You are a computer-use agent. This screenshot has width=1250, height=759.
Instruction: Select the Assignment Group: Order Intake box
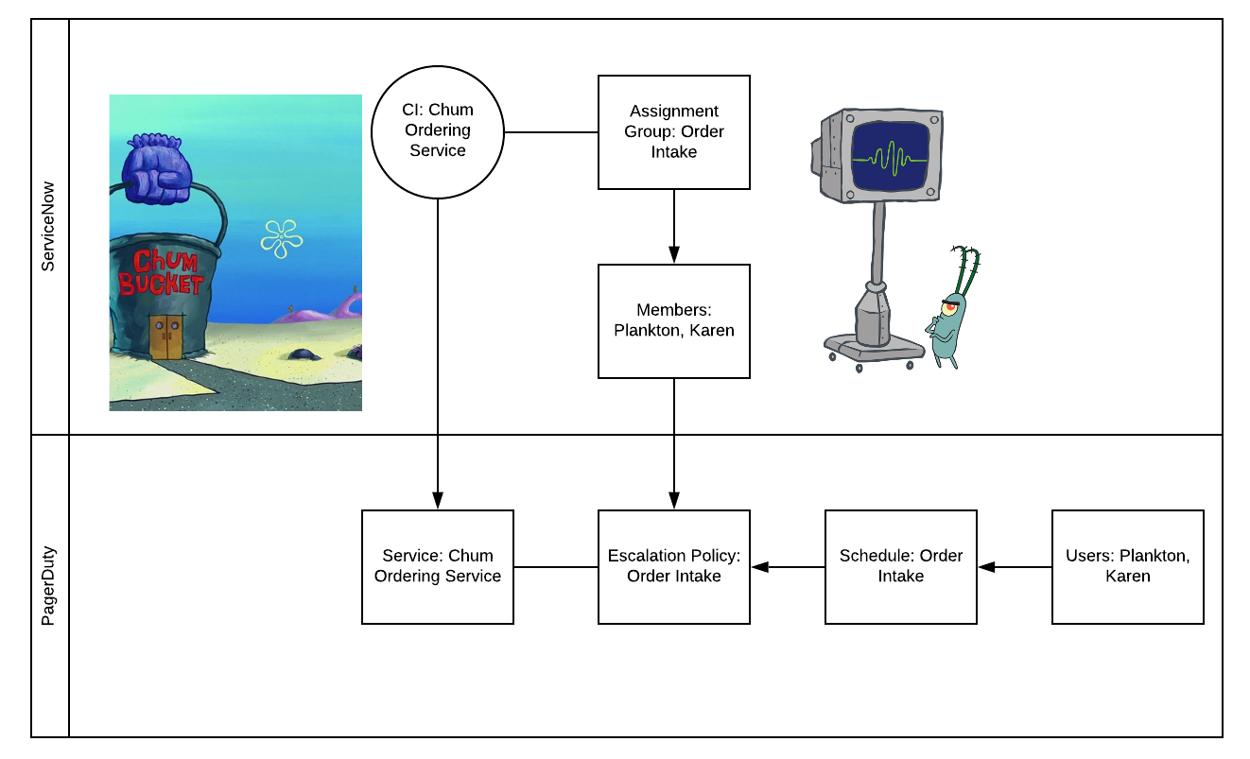tap(673, 132)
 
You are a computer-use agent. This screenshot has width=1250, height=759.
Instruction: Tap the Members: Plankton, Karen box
tap(673, 320)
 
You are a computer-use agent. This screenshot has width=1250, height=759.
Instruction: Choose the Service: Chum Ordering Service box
tap(437, 566)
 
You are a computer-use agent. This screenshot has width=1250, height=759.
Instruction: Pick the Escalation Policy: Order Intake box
tap(673, 566)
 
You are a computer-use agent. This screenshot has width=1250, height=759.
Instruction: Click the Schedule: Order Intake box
tap(900, 566)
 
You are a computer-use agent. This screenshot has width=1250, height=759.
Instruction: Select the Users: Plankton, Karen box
tap(1127, 566)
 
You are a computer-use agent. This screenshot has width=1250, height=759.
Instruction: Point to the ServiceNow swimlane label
tap(49, 227)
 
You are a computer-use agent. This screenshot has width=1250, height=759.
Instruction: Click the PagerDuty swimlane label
tap(49, 585)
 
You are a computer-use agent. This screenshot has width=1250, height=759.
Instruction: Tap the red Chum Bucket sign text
tap(162, 272)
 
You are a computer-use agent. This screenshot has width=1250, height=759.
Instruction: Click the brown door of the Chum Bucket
tap(165, 337)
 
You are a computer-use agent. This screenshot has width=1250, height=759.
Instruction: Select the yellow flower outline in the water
tap(281, 238)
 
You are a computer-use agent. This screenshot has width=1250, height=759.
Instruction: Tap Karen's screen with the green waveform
tap(889, 158)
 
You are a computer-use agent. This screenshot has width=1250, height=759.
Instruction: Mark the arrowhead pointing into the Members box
tap(674, 255)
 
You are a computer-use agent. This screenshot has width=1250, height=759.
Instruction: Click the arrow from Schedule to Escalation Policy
tap(787, 567)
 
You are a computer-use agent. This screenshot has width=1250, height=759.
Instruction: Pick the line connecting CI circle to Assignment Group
tap(550, 132)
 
